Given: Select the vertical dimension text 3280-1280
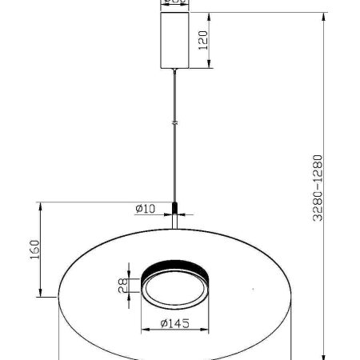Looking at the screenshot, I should point(318,187).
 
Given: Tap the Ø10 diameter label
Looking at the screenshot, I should point(145,209).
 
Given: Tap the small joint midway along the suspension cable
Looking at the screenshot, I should point(174,122).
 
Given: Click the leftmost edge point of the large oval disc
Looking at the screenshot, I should point(58,297).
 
